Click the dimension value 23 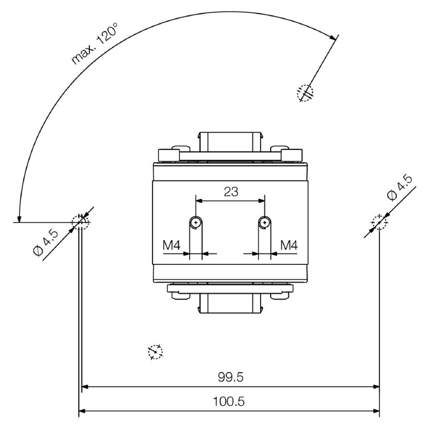coord(231,192)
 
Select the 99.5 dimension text coord(231,377)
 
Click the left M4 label coord(171,246)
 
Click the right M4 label coord(289,246)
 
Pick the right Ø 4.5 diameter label coord(400,188)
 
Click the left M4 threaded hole coord(197,221)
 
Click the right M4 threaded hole coord(264,221)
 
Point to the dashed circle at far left coord(80,221)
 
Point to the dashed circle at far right coord(379,221)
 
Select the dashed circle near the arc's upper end coord(305,93)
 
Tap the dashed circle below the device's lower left coord(155,351)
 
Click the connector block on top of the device coord(230,140)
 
